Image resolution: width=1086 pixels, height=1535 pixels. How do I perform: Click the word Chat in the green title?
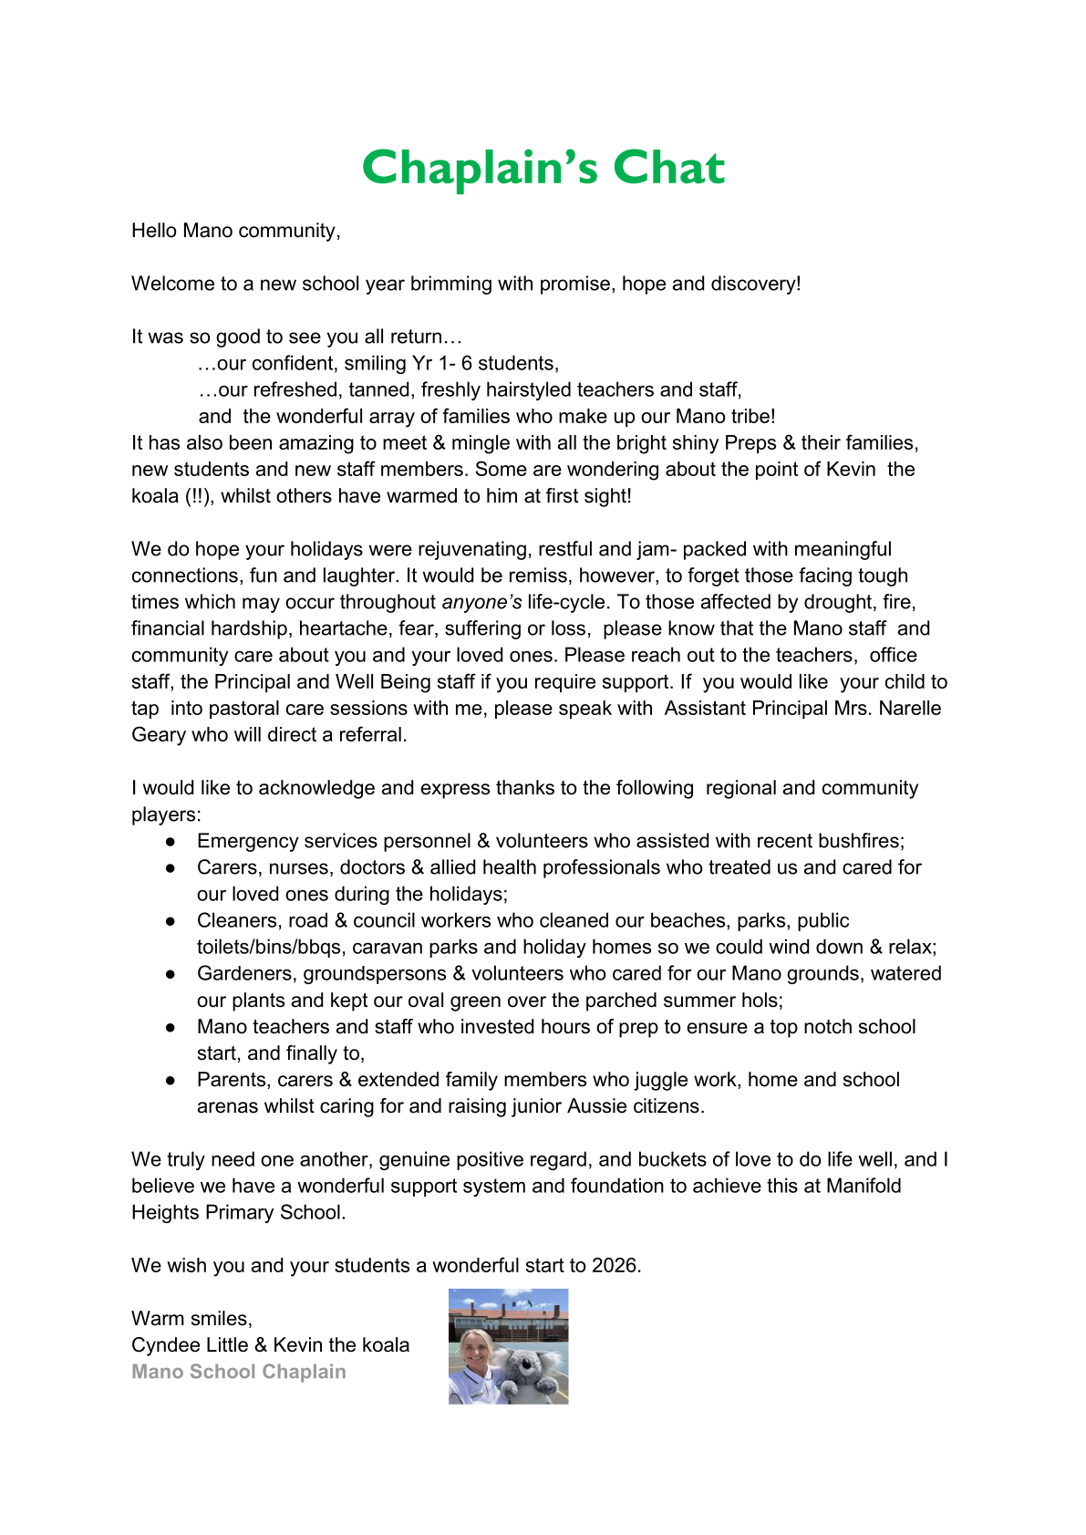(668, 169)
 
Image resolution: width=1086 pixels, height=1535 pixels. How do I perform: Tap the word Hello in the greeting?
(154, 231)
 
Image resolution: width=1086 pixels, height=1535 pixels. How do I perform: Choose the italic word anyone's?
(481, 603)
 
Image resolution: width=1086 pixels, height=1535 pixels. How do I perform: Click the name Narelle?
(910, 709)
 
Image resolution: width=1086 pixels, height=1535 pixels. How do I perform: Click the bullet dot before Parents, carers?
(171, 1081)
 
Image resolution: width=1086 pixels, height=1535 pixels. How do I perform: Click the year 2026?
(615, 1266)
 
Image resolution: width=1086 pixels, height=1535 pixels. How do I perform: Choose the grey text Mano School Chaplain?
(239, 1372)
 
